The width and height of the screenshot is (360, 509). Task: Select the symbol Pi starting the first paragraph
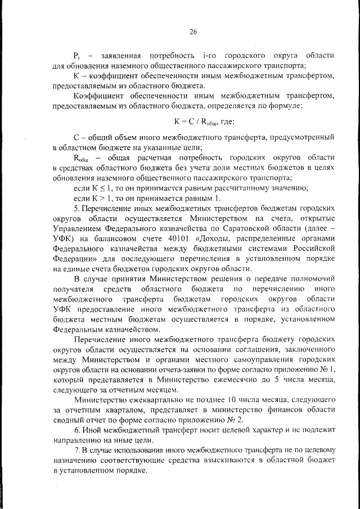pyautogui.click(x=77, y=56)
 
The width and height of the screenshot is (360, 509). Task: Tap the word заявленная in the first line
pyautogui.click(x=120, y=56)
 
